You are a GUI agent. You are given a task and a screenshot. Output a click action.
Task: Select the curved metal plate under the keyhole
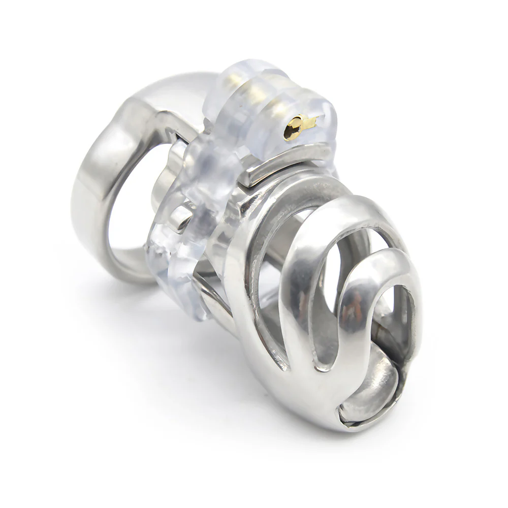284,163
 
